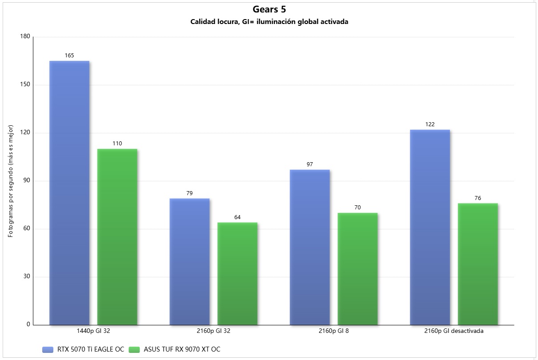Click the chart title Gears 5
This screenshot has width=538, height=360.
pyautogui.click(x=269, y=9)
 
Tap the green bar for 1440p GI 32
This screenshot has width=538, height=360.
pyautogui.click(x=117, y=236)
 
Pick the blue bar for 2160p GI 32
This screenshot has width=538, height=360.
pyautogui.click(x=189, y=261)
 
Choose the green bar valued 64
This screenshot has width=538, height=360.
pyautogui.click(x=237, y=273)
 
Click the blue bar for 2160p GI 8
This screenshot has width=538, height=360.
pyautogui.click(x=309, y=247)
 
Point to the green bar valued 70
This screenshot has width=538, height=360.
pyautogui.click(x=357, y=268)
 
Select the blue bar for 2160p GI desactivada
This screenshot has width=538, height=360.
pyautogui.click(x=430, y=227)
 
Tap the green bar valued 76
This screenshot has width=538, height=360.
pyautogui.click(x=478, y=264)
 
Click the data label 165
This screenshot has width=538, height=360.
pyautogui.click(x=69, y=56)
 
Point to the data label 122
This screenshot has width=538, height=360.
pyautogui.click(x=430, y=124)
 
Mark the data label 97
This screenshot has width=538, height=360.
pyautogui.click(x=309, y=164)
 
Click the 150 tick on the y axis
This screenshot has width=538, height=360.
pyautogui.click(x=25, y=85)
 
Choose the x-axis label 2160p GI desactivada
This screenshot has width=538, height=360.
pyautogui.click(x=454, y=331)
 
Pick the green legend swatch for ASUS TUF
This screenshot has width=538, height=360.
pyautogui.click(x=134, y=349)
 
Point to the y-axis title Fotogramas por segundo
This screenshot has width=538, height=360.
pyautogui.click(x=11, y=181)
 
